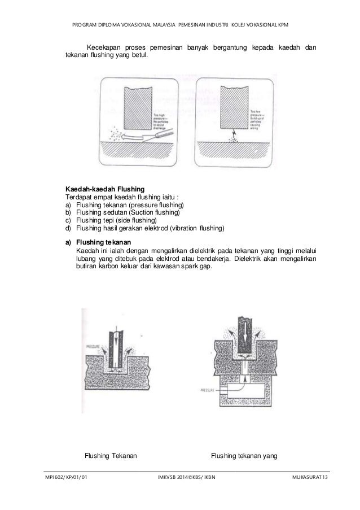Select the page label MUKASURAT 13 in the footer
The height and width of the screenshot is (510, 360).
coord(308,478)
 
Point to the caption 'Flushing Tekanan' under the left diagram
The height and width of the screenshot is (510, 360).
coord(111,455)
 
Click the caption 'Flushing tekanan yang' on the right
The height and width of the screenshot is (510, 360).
coord(245,455)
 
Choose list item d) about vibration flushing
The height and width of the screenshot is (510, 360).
coord(144,228)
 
